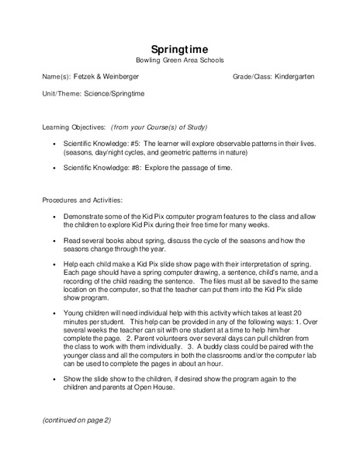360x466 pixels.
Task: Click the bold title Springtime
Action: click(178, 48)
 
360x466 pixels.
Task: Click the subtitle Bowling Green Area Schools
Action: click(178, 60)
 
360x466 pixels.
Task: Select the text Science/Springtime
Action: click(115, 94)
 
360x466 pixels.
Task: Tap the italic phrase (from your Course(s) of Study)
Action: click(159, 126)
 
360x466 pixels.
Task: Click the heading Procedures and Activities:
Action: click(76, 200)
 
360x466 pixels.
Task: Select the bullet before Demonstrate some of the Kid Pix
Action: click(53, 218)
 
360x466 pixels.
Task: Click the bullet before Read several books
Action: click(53, 242)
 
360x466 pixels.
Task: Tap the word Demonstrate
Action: click(84, 218)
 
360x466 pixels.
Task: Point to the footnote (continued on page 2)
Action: click(77, 419)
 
